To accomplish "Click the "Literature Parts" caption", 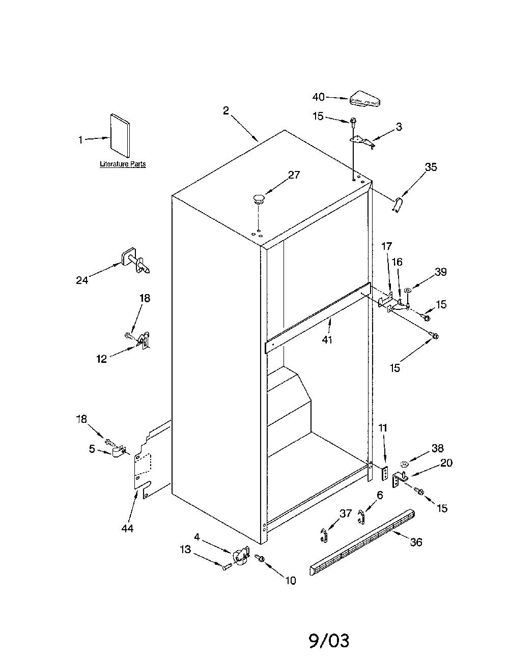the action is [123, 164].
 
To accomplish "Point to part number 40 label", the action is [319, 97].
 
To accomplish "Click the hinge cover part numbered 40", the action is [365, 99].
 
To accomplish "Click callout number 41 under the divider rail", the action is [327, 339].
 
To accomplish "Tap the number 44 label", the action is [127, 529].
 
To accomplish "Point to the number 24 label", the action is [82, 280].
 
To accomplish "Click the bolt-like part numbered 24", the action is [136, 261].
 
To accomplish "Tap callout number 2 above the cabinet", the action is [225, 110].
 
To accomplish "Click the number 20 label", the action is [446, 463].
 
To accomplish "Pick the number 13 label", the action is [185, 549].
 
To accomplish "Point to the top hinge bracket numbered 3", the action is [362, 142].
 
